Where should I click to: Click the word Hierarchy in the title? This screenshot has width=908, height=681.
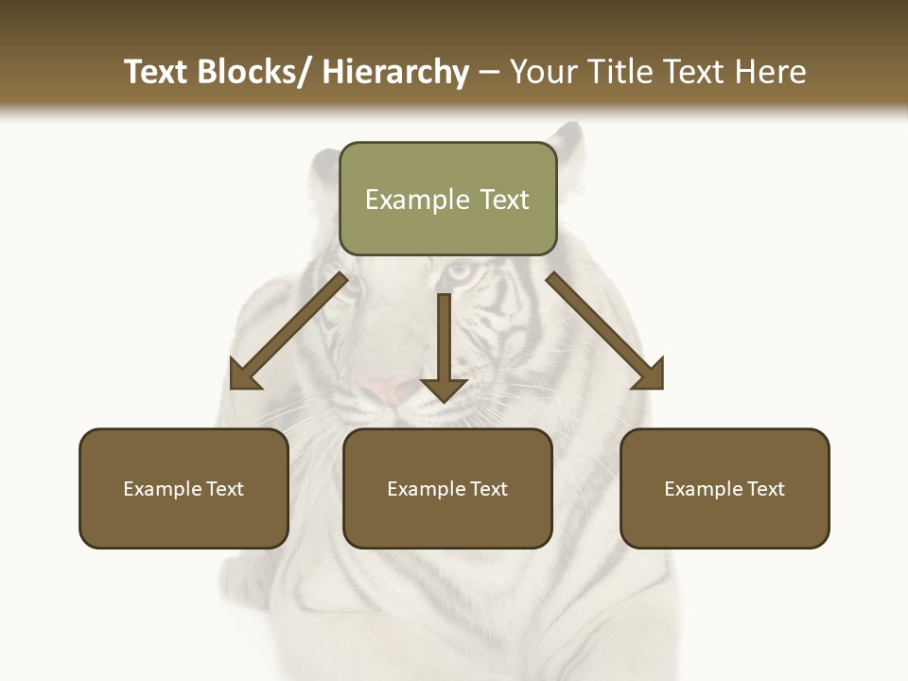coord(395,72)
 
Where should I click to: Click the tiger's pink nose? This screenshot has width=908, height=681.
coord(383,388)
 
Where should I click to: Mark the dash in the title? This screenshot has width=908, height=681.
coord(489,73)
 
